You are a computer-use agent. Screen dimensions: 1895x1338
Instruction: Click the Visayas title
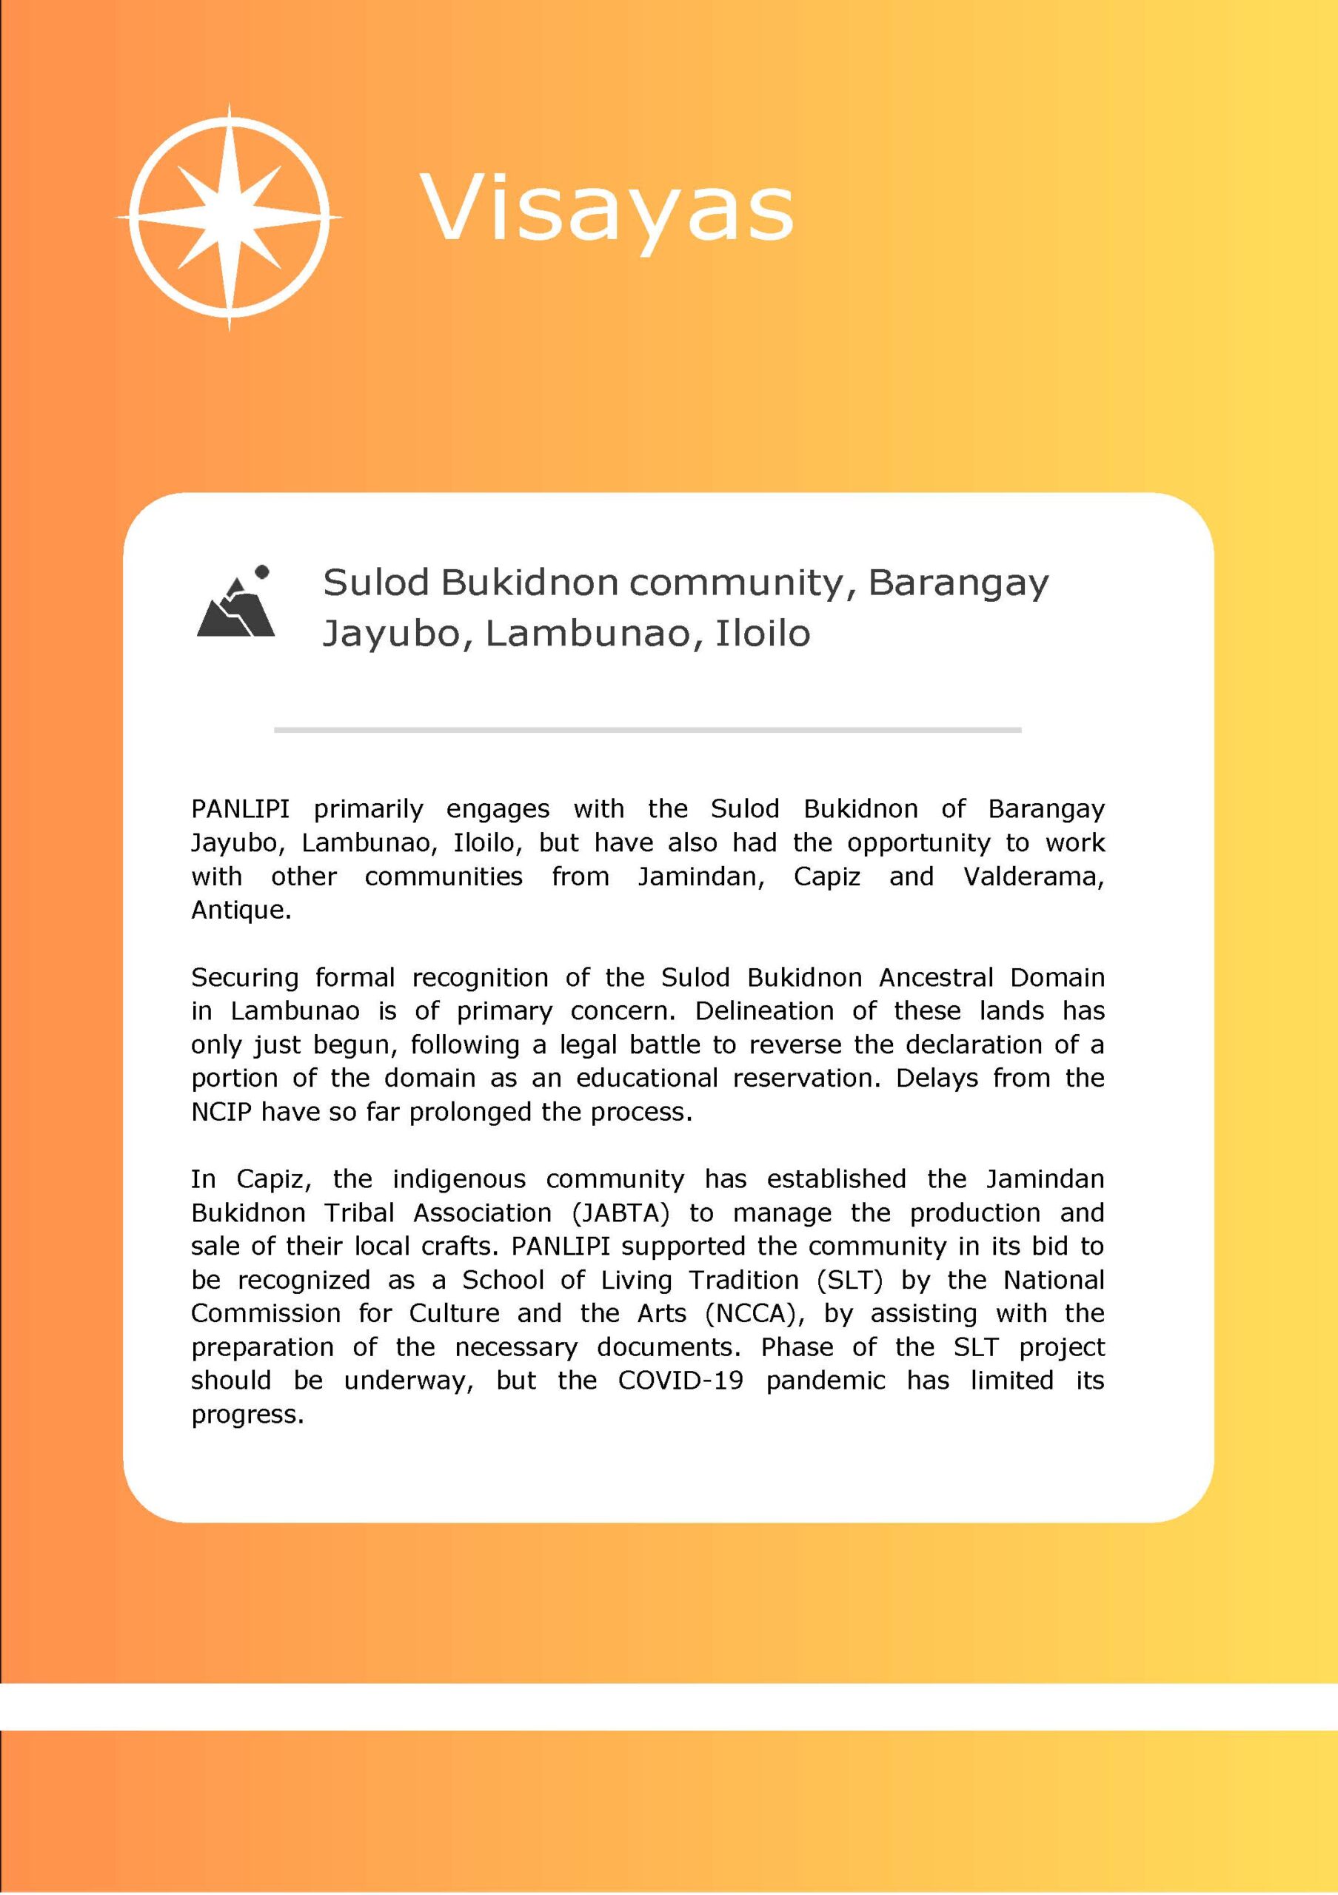click(x=606, y=208)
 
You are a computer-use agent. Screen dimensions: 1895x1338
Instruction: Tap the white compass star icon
click(x=230, y=217)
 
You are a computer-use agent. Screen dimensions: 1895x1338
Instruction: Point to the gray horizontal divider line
click(x=647, y=730)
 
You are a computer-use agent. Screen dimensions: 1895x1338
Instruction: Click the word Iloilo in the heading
click(x=763, y=634)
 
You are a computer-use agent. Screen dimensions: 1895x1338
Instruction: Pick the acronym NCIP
click(x=221, y=1113)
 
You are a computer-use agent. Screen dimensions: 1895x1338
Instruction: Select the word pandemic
click(x=825, y=1381)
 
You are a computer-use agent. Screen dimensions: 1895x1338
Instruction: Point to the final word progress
click(x=247, y=1415)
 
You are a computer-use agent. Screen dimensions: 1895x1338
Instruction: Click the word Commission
click(x=266, y=1313)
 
